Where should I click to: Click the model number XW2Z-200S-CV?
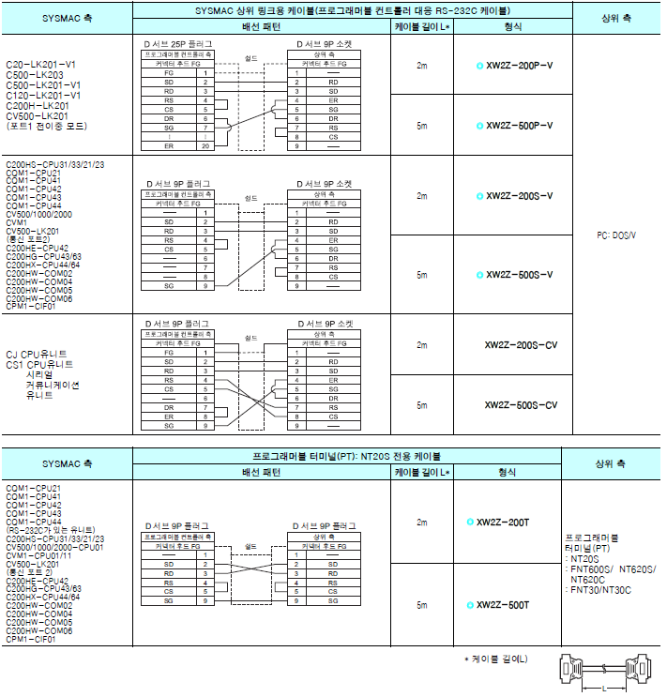coord(521,344)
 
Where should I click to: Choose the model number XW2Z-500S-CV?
coord(521,404)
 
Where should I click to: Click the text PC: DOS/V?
coord(616,234)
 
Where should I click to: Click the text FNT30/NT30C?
coord(600,590)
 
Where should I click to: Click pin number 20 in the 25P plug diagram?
coord(205,145)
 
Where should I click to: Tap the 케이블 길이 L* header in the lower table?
coord(421,472)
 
